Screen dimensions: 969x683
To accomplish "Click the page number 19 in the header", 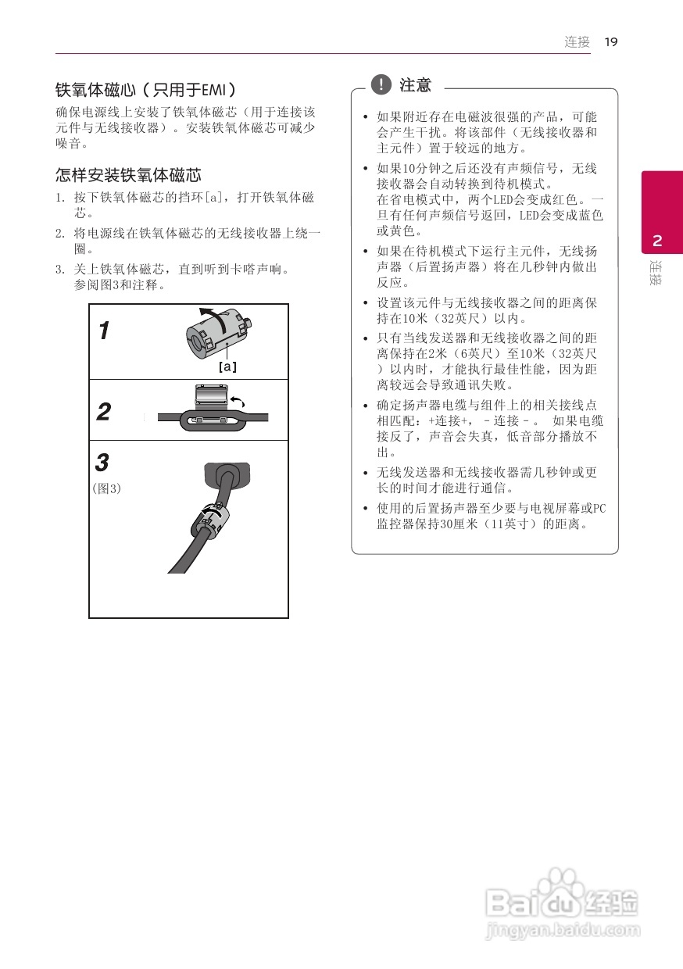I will (611, 42).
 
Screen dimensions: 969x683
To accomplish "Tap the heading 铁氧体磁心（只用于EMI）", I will (145, 89).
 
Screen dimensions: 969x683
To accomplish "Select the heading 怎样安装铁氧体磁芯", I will (128, 175).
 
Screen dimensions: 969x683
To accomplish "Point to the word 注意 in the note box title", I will (415, 84).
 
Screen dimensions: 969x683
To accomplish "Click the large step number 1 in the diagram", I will (104, 331).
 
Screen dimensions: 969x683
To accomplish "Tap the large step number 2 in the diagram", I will (104, 412).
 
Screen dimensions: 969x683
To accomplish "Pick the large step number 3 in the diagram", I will (102, 463).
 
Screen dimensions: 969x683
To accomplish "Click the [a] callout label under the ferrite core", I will (227, 366).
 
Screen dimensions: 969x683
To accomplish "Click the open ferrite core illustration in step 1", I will (218, 334).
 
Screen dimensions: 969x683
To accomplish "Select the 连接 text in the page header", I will (578, 42).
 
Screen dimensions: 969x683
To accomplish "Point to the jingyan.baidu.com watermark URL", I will (563, 931).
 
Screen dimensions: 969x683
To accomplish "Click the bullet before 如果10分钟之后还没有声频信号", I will (365, 169).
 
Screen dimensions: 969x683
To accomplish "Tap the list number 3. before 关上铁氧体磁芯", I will (59, 270).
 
